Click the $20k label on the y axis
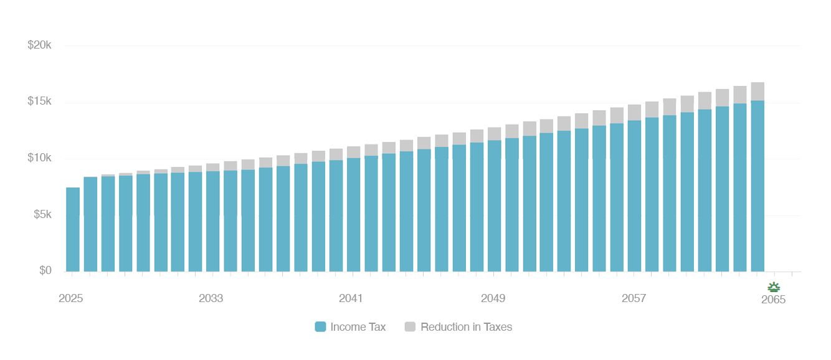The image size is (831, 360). pos(39,45)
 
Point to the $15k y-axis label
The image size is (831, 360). pos(39,102)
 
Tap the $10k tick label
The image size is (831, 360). pos(39,158)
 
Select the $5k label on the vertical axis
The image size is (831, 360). pos(41,215)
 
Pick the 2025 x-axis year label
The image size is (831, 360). pos(71,299)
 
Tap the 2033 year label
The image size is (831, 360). pos(211,299)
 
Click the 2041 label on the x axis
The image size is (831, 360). pos(351,299)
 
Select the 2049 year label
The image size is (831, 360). pos(493,299)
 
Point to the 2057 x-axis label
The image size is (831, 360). pos(634,299)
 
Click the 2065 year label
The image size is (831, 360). pos(773,300)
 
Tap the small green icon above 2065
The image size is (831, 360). pos(773,287)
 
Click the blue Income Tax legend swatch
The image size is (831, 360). pos(320,327)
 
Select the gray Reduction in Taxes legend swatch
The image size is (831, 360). pos(410,327)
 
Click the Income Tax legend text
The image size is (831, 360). pos(358,327)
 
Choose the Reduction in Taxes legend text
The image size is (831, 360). pos(467,327)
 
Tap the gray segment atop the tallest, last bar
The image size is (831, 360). pos(757,92)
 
